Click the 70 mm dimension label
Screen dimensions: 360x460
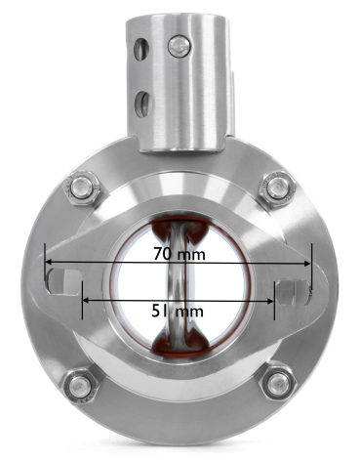click(180, 254)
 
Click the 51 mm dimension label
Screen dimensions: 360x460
click(178, 312)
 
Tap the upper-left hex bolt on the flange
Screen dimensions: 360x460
click(81, 188)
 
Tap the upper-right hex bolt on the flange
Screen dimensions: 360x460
click(278, 188)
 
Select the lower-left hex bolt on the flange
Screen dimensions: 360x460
click(80, 388)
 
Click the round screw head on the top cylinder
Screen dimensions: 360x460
click(180, 46)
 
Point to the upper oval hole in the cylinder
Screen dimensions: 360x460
click(141, 49)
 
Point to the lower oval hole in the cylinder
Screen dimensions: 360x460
click(143, 105)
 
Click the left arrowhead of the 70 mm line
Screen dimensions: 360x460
click(48, 262)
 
